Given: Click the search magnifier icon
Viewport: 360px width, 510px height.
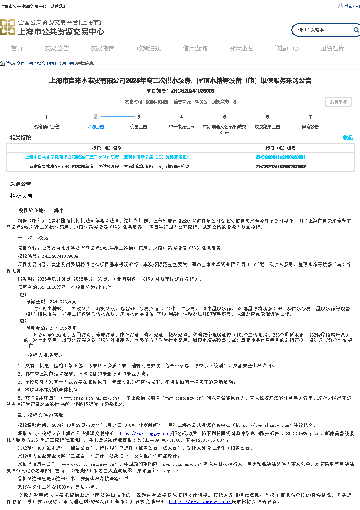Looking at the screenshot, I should coord(356,30).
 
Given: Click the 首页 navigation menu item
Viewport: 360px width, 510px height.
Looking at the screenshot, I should coord(17,49).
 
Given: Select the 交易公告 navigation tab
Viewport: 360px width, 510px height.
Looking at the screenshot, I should coord(57,49).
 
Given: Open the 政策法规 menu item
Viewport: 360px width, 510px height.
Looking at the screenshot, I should coord(148,49).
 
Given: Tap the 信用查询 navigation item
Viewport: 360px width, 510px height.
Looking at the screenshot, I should coord(195,49).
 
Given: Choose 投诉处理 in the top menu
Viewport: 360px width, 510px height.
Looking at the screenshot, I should coord(241,49).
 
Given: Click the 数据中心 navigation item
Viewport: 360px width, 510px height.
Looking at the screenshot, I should coord(286,49).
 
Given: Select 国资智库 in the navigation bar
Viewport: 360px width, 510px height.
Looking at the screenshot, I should coord(332,49).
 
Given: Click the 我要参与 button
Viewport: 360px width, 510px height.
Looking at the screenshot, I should coord(338,102).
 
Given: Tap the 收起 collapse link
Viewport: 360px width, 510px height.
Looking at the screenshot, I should coord(347,138).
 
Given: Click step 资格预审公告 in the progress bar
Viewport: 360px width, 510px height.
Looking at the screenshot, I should coord(46,127).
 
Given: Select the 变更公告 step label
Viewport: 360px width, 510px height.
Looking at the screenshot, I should coord(138,127).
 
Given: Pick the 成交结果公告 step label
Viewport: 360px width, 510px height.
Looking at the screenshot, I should coord(267,127).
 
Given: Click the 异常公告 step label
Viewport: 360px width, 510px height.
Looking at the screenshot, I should coord(310,127).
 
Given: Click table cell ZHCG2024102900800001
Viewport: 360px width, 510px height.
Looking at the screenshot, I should coord(281,157).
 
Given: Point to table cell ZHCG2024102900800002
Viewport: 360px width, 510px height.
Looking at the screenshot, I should coord(281,167).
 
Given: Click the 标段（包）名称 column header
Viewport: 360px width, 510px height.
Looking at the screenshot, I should coord(107,148).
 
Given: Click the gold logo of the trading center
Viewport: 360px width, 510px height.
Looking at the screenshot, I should coord(7,27).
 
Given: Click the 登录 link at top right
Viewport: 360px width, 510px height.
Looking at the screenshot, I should coord(348,6).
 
